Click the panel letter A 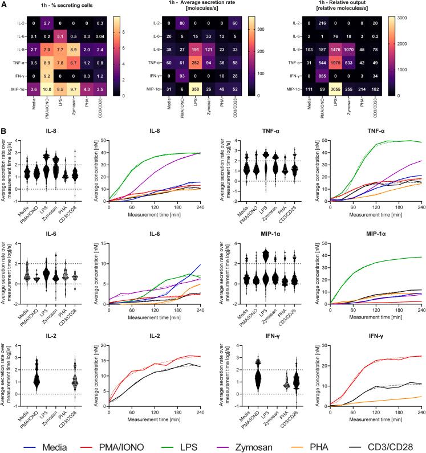click(5, 5)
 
